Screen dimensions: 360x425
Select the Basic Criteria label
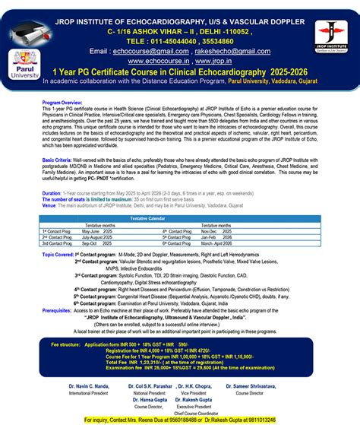(57, 162)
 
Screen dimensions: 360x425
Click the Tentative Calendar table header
(179, 198)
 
